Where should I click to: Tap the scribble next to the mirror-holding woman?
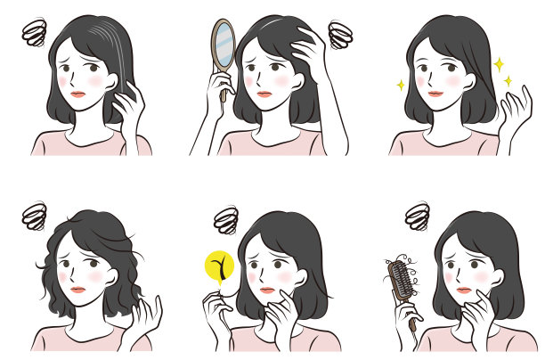point(340,35)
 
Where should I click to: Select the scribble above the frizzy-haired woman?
point(36,215)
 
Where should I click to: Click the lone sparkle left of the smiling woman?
point(401,86)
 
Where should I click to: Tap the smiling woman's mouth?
point(435,93)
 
